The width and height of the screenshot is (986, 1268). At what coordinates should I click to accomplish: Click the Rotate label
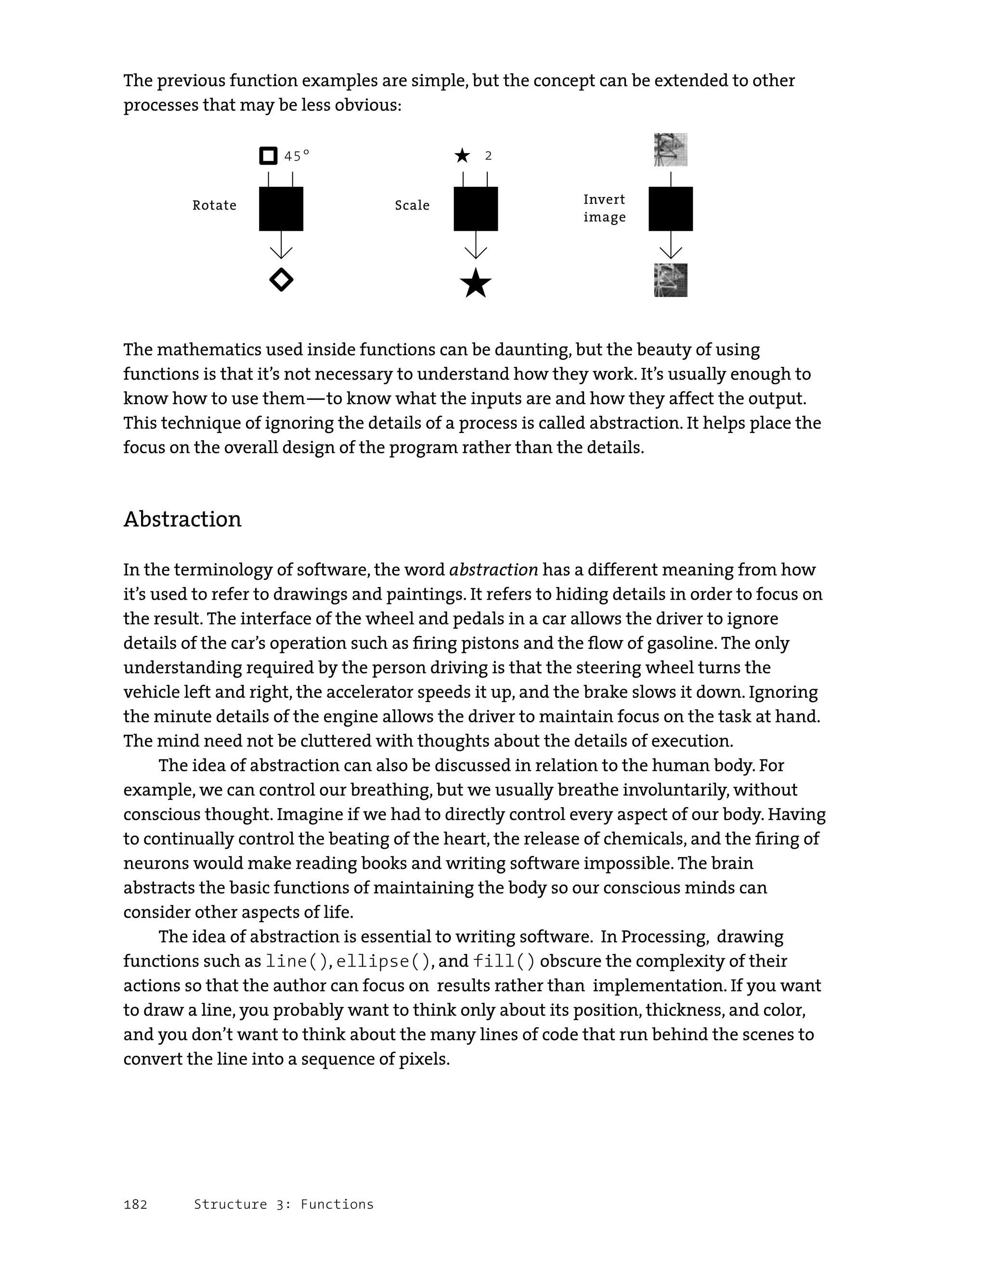pyautogui.click(x=214, y=206)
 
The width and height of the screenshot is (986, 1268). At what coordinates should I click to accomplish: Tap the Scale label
pyautogui.click(x=412, y=206)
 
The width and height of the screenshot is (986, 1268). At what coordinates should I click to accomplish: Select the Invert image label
pyautogui.click(x=604, y=208)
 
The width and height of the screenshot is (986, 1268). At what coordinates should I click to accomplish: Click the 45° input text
pyautogui.click(x=297, y=156)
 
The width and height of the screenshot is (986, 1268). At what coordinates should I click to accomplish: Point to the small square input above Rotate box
pyautogui.click(x=268, y=156)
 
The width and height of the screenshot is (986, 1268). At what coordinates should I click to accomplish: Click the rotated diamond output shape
pyautogui.click(x=282, y=280)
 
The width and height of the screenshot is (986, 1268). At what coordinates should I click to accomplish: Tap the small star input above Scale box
pyautogui.click(x=463, y=156)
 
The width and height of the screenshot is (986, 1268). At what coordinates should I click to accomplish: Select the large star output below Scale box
pyautogui.click(x=475, y=283)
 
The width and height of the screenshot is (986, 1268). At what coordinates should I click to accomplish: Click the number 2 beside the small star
pyautogui.click(x=488, y=156)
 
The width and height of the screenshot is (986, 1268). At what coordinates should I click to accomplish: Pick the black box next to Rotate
pyautogui.click(x=281, y=209)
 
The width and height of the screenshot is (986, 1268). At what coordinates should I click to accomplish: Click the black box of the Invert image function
pyautogui.click(x=670, y=209)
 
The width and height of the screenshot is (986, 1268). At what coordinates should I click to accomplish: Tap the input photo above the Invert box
pyautogui.click(x=670, y=150)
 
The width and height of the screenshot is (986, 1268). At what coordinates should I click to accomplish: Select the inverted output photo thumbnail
pyautogui.click(x=670, y=280)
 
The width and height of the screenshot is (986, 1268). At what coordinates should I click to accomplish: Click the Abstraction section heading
pyautogui.click(x=182, y=519)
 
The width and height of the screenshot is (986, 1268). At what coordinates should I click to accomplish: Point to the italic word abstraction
pyautogui.click(x=494, y=570)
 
